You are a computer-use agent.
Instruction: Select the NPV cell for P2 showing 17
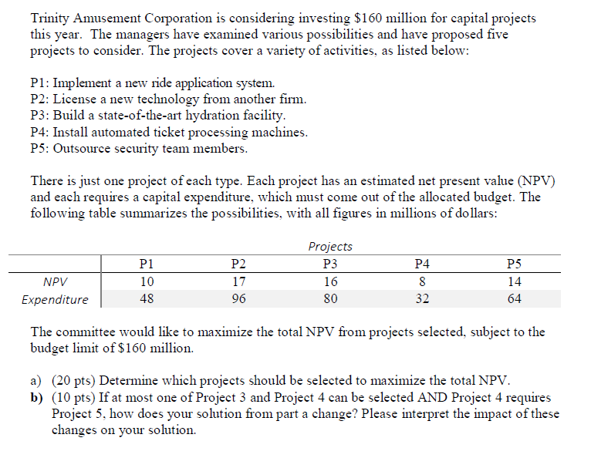(x=238, y=281)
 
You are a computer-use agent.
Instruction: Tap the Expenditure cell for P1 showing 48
(x=147, y=299)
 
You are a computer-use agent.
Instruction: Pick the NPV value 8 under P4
(x=422, y=281)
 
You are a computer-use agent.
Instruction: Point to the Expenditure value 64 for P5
(x=514, y=299)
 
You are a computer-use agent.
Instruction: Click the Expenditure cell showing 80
(x=330, y=299)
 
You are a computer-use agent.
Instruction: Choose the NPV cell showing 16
(x=330, y=281)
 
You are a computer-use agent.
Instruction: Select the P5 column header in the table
(x=514, y=264)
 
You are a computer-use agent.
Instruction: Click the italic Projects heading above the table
(x=330, y=247)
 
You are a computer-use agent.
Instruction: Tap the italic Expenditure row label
(x=55, y=299)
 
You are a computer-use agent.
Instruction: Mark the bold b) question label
(x=37, y=397)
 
